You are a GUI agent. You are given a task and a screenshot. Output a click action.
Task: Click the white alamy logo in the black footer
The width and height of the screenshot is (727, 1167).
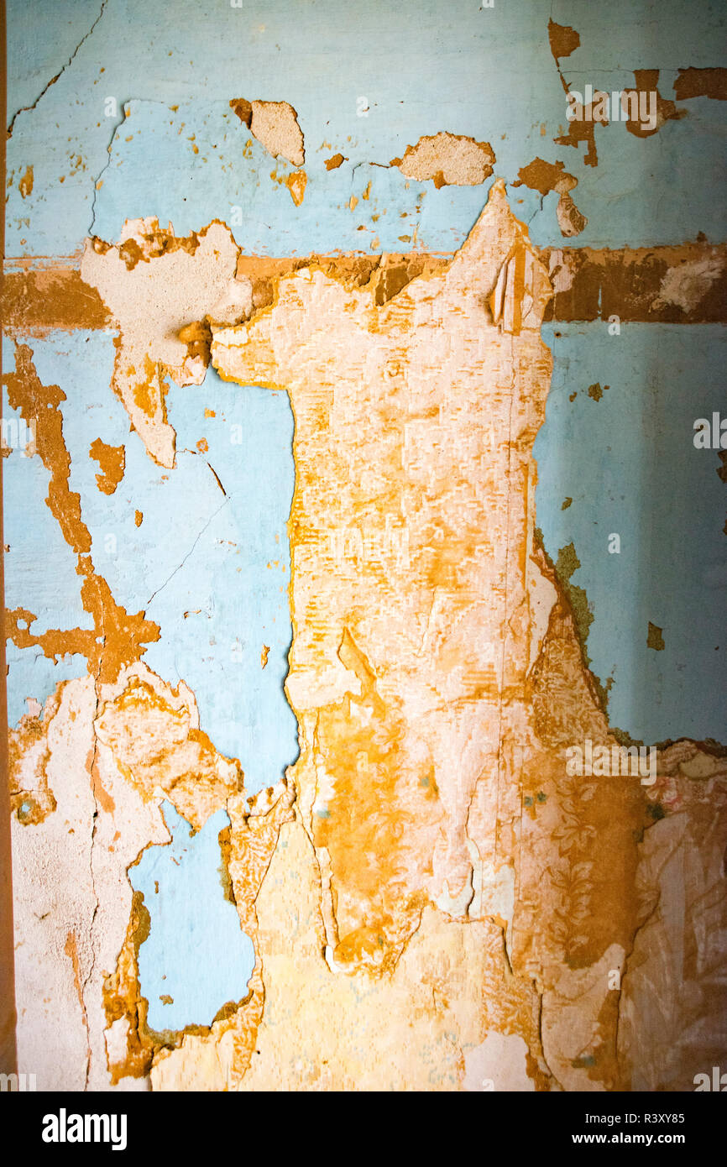[84, 1128]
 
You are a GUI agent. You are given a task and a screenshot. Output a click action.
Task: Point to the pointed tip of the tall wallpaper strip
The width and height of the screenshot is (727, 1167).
[499, 186]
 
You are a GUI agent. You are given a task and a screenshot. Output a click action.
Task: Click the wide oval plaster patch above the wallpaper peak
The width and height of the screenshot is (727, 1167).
[447, 159]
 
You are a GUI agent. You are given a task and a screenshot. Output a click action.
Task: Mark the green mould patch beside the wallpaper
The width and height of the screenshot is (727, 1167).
[574, 588]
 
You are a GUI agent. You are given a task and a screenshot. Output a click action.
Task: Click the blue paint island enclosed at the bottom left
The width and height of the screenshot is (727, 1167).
[193, 924]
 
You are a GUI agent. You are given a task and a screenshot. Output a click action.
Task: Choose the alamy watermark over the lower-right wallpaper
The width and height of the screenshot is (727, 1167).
[610, 761]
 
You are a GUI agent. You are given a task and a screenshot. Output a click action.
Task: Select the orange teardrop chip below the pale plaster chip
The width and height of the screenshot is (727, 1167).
[296, 186]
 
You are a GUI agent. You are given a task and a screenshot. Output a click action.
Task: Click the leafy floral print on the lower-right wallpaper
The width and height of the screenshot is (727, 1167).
[579, 873]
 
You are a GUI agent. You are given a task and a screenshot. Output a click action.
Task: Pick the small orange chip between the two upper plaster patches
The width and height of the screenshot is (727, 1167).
[334, 161]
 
